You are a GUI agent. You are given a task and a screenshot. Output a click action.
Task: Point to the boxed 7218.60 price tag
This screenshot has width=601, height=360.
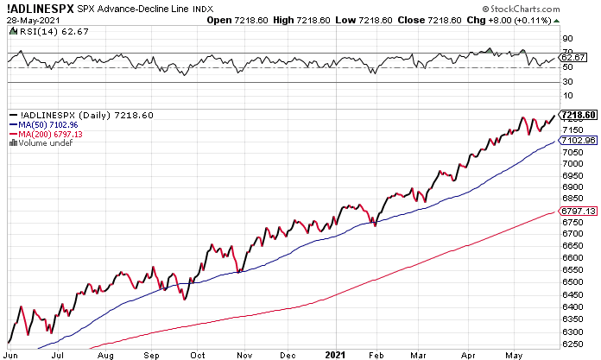pyautogui.click(x=579, y=115)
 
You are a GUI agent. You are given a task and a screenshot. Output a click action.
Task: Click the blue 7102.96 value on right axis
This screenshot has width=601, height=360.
pyautogui.click(x=579, y=140)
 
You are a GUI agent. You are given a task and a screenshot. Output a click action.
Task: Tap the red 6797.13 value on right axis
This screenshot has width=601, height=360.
pyautogui.click(x=579, y=211)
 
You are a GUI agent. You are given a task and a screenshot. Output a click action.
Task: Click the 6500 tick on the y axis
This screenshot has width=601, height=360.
pyautogui.click(x=572, y=281)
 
